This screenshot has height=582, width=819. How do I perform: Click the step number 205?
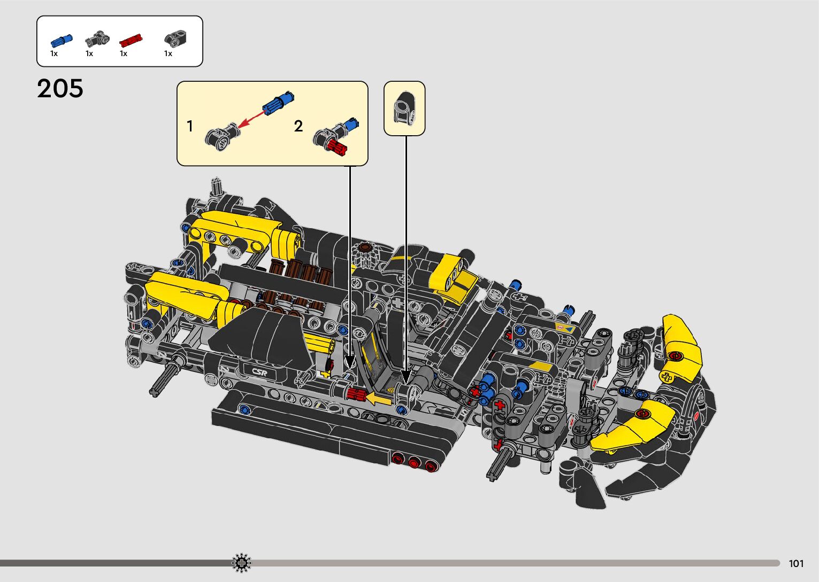pyautogui.click(x=60, y=89)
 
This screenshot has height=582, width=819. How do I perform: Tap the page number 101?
pyautogui.click(x=796, y=564)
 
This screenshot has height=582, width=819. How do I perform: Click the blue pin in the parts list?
pyautogui.click(x=62, y=40)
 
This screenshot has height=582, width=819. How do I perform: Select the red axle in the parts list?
pyautogui.click(x=131, y=40)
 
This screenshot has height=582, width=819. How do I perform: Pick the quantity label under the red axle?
pyautogui.click(x=124, y=53)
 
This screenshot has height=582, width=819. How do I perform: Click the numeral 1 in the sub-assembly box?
pyautogui.click(x=190, y=127)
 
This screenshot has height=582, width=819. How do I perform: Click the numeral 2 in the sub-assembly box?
pyautogui.click(x=298, y=127)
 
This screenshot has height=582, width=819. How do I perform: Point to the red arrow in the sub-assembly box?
pyautogui.click(x=251, y=120)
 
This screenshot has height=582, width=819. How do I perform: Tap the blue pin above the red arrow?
pyautogui.click(x=278, y=103)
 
